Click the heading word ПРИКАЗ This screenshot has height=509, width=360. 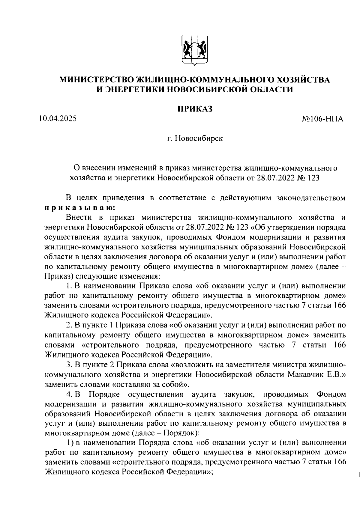click(x=195, y=109)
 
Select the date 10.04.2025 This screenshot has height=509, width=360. click(x=58, y=119)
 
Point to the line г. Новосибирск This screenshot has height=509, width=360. click(x=195, y=139)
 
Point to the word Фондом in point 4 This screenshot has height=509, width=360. click(x=331, y=394)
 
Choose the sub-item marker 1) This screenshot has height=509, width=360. click(x=70, y=443)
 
